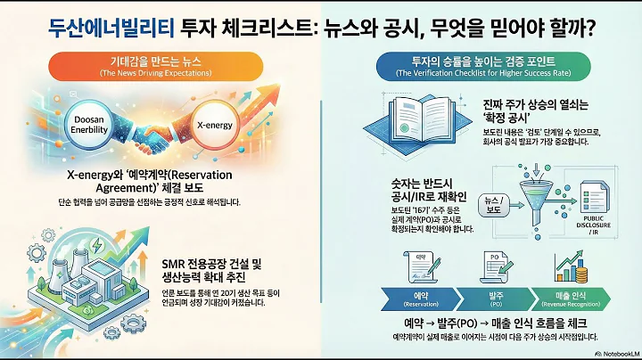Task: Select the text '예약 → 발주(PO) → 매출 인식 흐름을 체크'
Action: [495, 323]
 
